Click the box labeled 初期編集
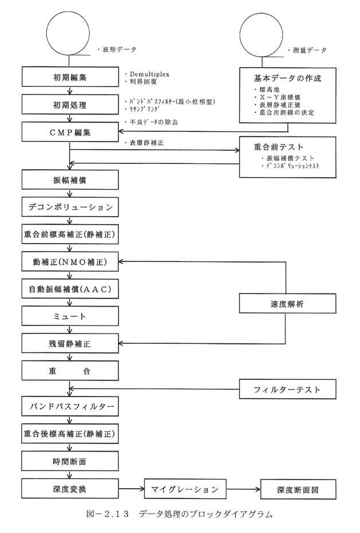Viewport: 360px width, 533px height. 70,77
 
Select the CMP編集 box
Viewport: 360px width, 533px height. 70,132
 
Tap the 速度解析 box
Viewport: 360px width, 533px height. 288,304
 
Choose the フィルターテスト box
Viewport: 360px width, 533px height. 288,389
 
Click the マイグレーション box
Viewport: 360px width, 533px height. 185,489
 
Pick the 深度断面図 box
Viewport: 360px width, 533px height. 298,489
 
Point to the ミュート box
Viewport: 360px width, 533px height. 70,316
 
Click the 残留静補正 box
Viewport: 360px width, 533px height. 70,343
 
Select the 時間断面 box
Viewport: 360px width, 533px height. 70,461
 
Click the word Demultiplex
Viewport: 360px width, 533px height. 149,74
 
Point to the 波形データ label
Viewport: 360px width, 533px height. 119,50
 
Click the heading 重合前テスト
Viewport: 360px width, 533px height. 279,147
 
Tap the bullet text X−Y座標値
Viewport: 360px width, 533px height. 280,97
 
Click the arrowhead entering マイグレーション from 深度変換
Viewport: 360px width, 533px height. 142,489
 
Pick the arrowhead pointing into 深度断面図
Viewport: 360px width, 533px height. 258,489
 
